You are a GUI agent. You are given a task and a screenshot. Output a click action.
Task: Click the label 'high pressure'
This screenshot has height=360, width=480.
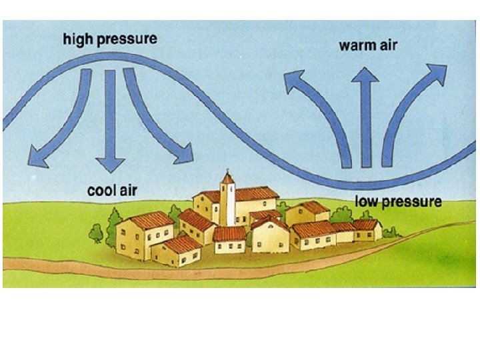click(110, 39)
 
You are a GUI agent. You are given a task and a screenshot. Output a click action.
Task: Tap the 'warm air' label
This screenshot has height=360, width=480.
click(367, 46)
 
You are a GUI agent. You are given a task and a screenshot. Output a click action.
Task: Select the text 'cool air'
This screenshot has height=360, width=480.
click(112, 191)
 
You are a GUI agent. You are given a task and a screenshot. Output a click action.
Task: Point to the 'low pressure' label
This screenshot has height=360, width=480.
click(398, 201)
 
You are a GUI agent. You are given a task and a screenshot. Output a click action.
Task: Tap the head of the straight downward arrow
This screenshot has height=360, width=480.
click(110, 165)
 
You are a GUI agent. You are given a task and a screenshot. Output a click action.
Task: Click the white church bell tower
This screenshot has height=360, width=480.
click(228, 203)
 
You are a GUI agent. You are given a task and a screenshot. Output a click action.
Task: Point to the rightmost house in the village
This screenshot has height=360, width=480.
click(368, 230)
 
